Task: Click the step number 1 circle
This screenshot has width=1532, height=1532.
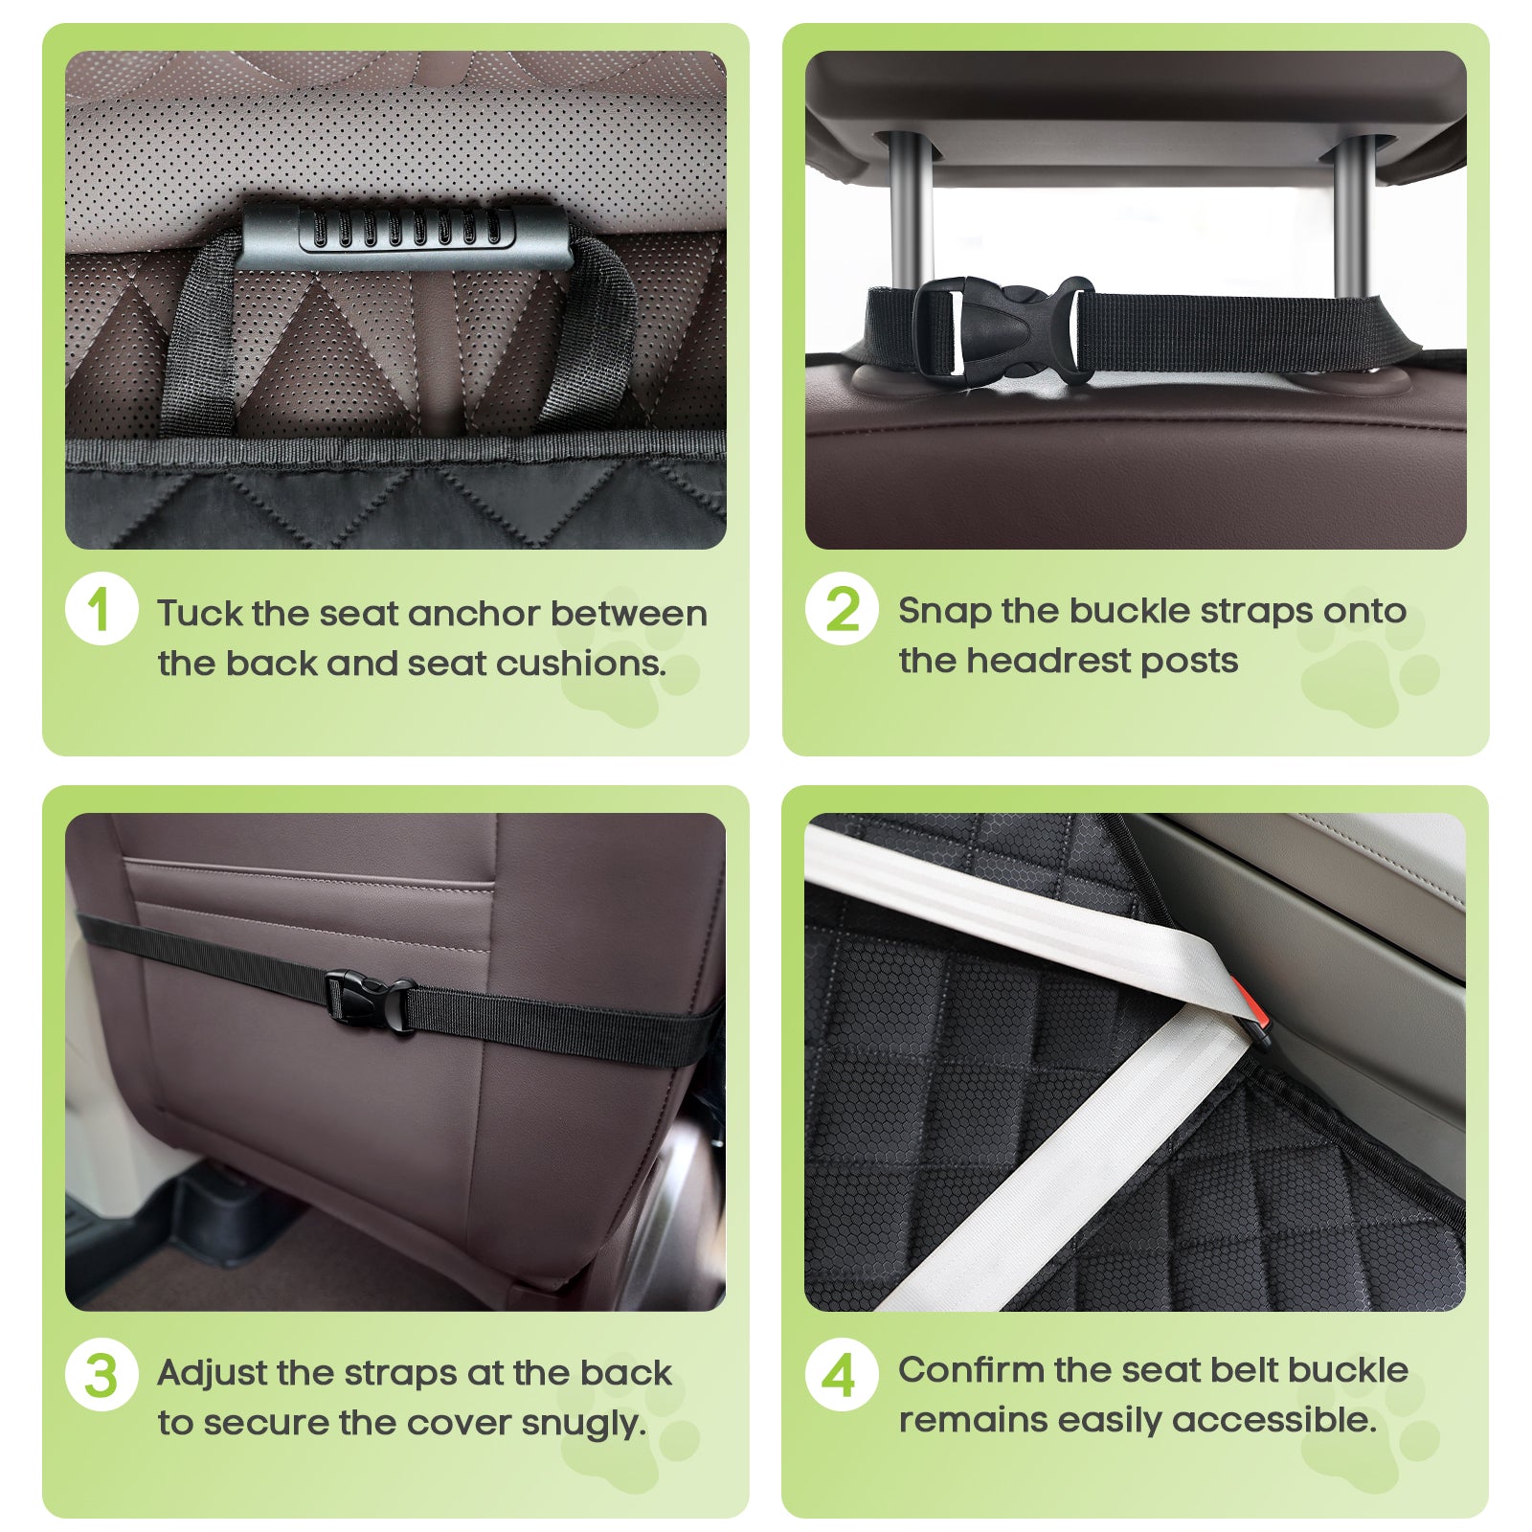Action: [x=101, y=609]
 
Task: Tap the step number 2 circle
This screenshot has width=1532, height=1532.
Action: [x=842, y=609]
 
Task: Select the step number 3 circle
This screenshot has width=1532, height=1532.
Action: [x=101, y=1375]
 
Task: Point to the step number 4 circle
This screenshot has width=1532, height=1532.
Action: [x=842, y=1375]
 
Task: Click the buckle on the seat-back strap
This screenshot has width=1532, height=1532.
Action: [x=370, y=1003]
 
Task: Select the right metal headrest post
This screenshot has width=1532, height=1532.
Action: [x=1352, y=216]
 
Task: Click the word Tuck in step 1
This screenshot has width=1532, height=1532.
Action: [x=199, y=613]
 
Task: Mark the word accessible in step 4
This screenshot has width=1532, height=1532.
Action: [x=1273, y=1420]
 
